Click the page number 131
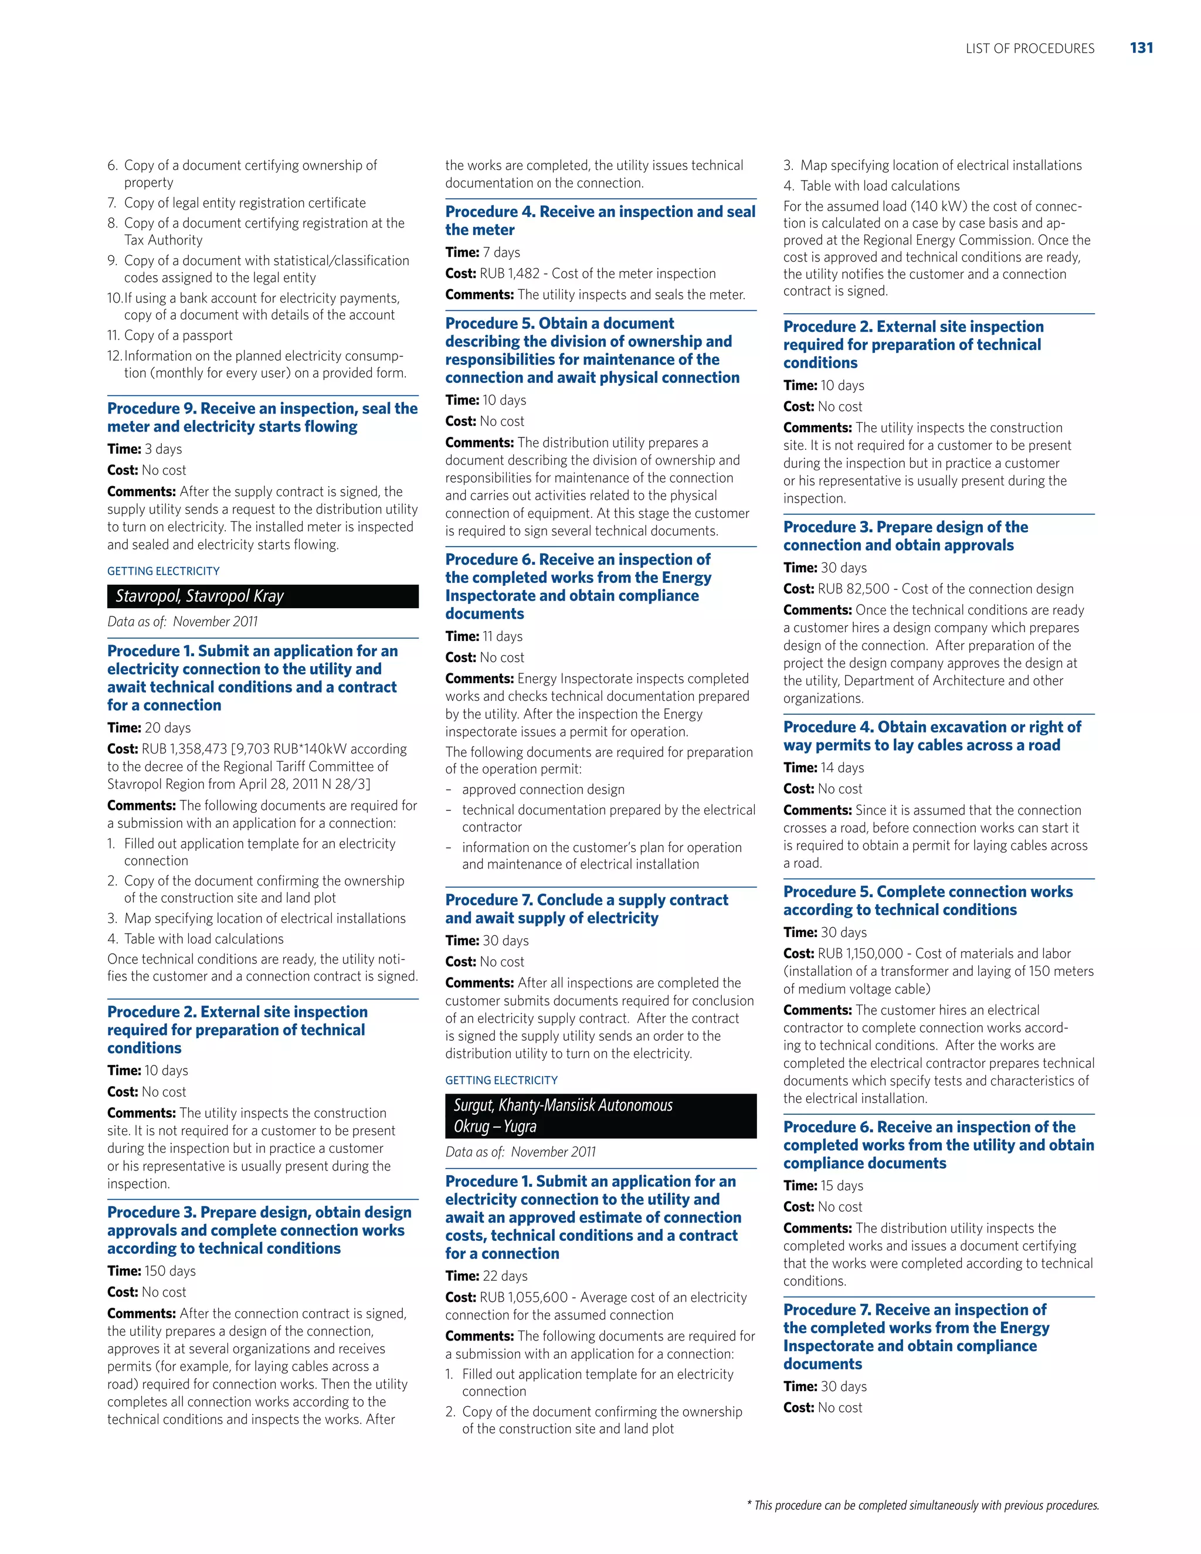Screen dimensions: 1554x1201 pos(1141,47)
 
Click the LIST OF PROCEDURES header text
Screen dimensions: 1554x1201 pos(1030,49)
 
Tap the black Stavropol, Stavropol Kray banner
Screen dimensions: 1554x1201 pos(263,596)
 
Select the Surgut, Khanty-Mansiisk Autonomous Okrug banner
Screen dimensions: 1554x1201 pos(600,1116)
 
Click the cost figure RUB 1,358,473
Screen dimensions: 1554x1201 pos(184,748)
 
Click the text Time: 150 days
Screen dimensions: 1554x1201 pos(151,1271)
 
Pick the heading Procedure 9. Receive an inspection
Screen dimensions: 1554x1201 pos(262,417)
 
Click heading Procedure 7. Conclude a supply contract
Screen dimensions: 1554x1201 pos(586,908)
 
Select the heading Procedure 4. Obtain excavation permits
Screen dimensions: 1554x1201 pos(931,736)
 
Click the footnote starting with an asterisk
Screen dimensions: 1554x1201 pos(922,1505)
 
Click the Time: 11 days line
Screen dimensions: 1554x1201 pos(484,636)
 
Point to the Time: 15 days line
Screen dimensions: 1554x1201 pos(823,1185)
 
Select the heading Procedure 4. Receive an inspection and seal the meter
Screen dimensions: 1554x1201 pos(600,220)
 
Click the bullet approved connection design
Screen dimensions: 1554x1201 pos(543,789)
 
